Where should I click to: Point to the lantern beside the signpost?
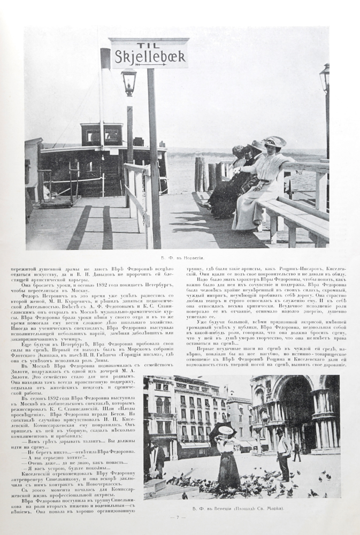coord(128,82)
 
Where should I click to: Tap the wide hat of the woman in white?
coord(274,142)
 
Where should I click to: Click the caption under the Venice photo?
coord(242,508)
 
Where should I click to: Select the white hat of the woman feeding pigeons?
coord(226,430)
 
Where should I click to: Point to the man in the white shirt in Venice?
coord(283,452)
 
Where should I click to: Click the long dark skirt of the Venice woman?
coord(228,468)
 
